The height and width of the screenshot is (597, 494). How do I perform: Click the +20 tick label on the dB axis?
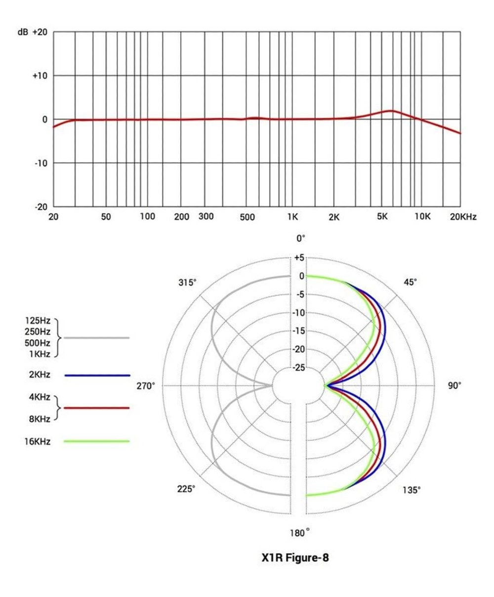point(40,32)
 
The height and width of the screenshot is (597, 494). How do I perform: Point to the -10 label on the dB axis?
point(41,163)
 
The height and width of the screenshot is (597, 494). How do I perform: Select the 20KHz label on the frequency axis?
point(463,217)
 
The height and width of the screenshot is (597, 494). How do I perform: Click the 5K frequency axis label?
point(382,216)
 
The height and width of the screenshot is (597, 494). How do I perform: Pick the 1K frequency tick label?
point(293,217)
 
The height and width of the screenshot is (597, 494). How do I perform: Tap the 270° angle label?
point(145,386)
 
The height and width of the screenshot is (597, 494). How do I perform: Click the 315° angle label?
point(187,282)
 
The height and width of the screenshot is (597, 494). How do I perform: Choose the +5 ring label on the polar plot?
point(299,258)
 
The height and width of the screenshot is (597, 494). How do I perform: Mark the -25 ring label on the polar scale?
point(298,368)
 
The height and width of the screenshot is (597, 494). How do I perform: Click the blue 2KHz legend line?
point(97,375)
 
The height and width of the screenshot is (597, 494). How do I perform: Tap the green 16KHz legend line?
point(97,441)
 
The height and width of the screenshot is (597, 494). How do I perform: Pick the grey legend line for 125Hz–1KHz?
point(97,338)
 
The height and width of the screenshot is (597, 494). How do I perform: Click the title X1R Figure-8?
point(294,559)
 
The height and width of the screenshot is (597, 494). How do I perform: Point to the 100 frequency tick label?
point(148,216)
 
